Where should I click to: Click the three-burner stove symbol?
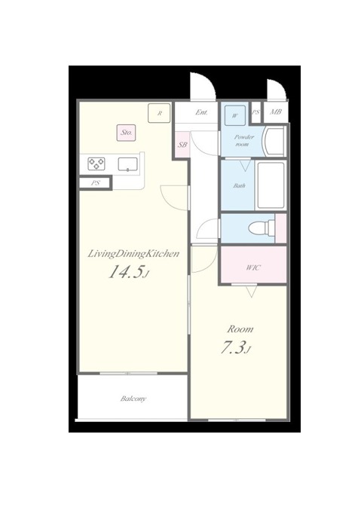pyautogui.click(x=96, y=164)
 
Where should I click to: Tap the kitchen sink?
pyautogui.click(x=128, y=164)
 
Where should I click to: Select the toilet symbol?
pyautogui.click(x=261, y=228)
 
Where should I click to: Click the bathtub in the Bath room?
pyautogui.click(x=271, y=185)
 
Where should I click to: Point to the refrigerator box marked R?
pyautogui.click(x=159, y=113)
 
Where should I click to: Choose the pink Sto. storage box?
pyautogui.click(x=127, y=133)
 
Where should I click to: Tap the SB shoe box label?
pyautogui.click(x=182, y=145)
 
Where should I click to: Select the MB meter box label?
pyautogui.click(x=276, y=112)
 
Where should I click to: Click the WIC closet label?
pyautogui.click(x=253, y=268)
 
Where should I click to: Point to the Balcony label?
pyautogui.click(x=133, y=399)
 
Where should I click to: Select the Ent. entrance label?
pyautogui.click(x=201, y=112)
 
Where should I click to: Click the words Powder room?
pyautogui.click(x=244, y=140)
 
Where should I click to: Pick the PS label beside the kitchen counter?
pyautogui.click(x=95, y=183)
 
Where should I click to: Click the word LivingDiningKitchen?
pyautogui.click(x=133, y=254)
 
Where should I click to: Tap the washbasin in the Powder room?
pyautogui.click(x=274, y=141)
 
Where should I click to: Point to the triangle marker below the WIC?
pyautogui.click(x=252, y=292)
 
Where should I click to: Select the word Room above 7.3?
pyautogui.click(x=240, y=329)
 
